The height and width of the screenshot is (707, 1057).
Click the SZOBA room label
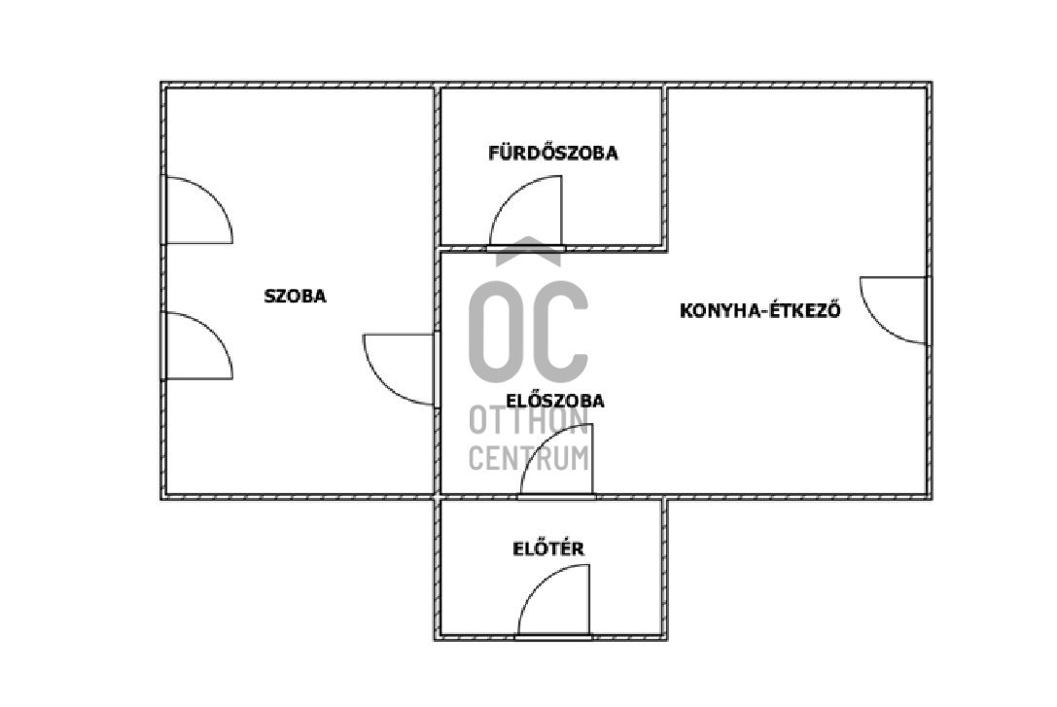[296, 297]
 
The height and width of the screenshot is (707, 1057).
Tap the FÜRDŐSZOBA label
[552, 153]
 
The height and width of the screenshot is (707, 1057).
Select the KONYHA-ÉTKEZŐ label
[759, 311]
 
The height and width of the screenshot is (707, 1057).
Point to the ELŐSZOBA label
[555, 400]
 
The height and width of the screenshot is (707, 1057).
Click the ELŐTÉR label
[548, 548]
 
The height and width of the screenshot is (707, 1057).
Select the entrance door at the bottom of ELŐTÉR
[553, 636]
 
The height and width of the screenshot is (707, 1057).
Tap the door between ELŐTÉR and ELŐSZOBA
[556, 496]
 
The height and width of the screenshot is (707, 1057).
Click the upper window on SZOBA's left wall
[162, 209]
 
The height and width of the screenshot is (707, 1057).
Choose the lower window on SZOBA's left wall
[162, 345]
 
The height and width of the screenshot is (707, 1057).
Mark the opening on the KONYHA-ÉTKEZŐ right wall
[927, 310]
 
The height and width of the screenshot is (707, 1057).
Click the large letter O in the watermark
[499, 330]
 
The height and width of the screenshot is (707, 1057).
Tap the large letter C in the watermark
[560, 330]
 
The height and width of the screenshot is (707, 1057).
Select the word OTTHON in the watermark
[529, 422]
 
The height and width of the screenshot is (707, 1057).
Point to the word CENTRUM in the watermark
[529, 456]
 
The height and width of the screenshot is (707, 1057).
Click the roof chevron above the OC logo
[528, 251]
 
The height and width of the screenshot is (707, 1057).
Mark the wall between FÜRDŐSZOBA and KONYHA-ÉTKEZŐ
[667, 165]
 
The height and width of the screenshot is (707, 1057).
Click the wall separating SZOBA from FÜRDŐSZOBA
[437, 165]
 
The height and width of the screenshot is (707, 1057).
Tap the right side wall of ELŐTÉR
[667, 568]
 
